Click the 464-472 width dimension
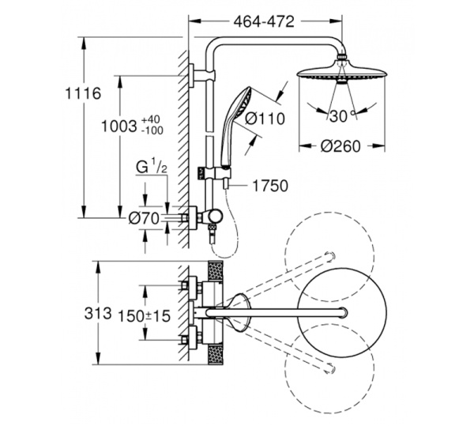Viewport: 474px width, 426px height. point(263,22)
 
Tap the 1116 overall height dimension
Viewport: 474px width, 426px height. point(83,94)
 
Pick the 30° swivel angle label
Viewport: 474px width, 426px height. point(340,116)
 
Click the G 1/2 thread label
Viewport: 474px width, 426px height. point(149,168)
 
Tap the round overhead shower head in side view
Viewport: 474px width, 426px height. point(341,75)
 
